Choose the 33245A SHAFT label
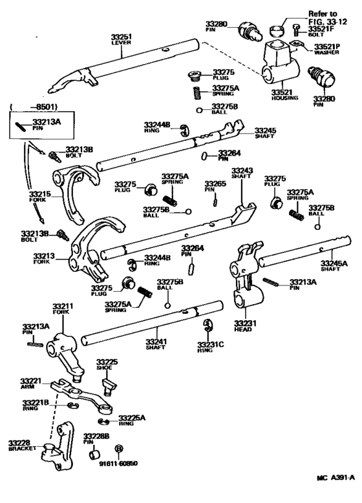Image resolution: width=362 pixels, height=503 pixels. (334, 266)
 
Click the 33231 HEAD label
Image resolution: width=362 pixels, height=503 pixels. (246, 325)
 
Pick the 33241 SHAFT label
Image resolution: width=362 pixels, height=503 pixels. (156, 345)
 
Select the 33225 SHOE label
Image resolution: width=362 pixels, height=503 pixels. (107, 365)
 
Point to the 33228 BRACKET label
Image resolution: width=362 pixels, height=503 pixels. (21, 445)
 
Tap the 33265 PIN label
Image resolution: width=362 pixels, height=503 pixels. (215, 187)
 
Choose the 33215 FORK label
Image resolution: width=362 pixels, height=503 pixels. (38, 196)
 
